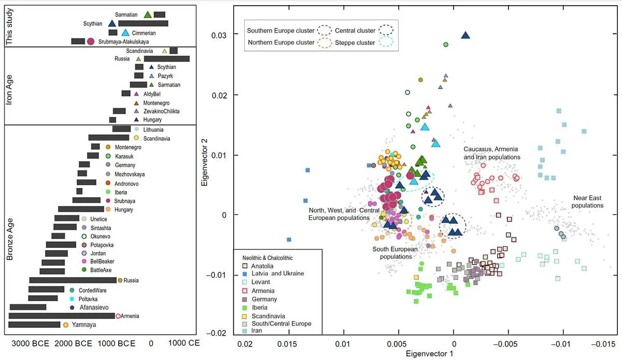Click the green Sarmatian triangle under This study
[x=148, y=15]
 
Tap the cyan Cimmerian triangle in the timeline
[x=125, y=33]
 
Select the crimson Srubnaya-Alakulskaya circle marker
[x=91, y=41]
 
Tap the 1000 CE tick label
[x=184, y=343]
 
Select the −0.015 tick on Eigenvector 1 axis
[x=604, y=344]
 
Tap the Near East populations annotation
[x=588, y=202]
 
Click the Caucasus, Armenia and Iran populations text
[x=491, y=153]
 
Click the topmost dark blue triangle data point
[x=465, y=35]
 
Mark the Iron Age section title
[x=9, y=86]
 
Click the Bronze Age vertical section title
[x=9, y=230]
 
